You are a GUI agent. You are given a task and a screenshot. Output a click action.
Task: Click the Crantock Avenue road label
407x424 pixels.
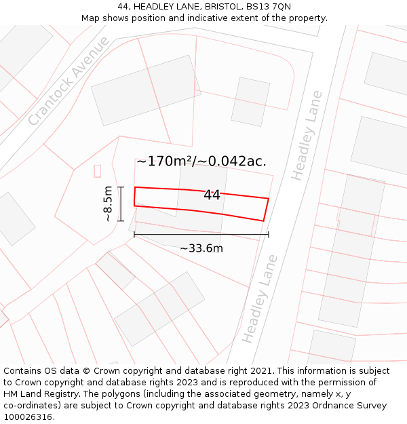[x=69, y=81]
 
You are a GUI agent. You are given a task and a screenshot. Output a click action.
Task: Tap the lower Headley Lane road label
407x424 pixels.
[x=260, y=298]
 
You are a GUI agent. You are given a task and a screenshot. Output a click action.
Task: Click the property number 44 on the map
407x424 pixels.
[x=212, y=195]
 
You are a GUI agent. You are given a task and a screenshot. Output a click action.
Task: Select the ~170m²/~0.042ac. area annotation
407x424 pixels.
[x=201, y=161]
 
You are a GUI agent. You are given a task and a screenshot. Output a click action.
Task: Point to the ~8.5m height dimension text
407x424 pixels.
[x=108, y=204]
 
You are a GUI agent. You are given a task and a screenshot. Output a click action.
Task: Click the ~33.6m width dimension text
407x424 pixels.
[x=201, y=248]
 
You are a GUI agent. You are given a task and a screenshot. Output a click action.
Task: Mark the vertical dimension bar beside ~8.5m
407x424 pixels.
[x=121, y=204]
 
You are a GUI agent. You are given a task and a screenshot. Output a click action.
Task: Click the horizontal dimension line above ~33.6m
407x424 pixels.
[x=201, y=235]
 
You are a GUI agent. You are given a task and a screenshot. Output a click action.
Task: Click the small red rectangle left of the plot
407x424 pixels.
[x=97, y=170]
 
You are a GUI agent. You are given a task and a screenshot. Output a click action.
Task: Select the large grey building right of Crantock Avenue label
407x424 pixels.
[x=146, y=90]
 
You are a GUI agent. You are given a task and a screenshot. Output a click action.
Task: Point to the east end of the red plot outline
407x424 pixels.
[x=267, y=209]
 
